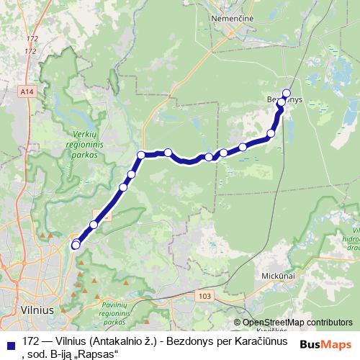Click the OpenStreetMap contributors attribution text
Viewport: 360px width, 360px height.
coord(297,323)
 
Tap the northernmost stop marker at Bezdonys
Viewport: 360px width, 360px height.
coord(287,93)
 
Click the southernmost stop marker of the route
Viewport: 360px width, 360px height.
coord(76,246)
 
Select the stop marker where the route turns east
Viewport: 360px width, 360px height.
coord(141,154)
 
